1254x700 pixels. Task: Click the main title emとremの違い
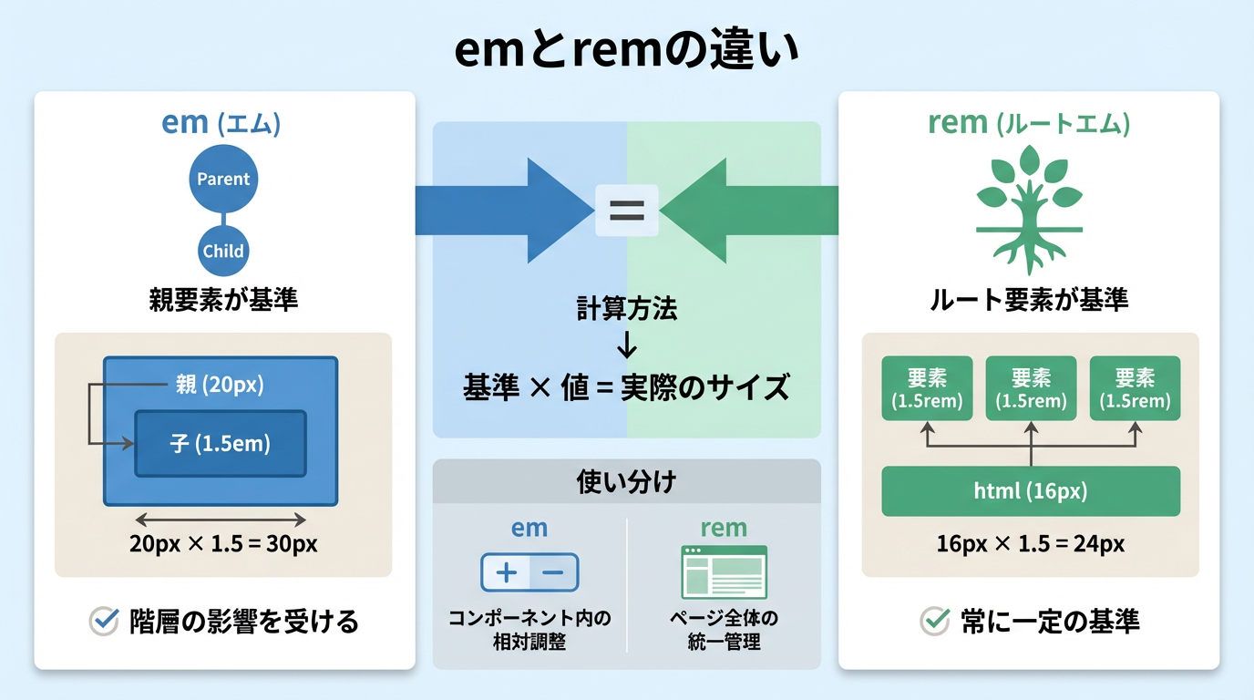(x=627, y=51)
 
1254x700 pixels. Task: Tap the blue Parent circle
(x=223, y=179)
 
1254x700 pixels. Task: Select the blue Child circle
(x=223, y=251)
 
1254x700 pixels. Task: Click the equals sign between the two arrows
(x=626, y=211)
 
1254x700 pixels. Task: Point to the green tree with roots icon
(x=1029, y=210)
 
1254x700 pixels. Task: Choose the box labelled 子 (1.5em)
(x=221, y=444)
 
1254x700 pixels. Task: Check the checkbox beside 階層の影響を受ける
(x=105, y=622)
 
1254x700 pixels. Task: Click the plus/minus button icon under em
(x=529, y=572)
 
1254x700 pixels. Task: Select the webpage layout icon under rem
(x=725, y=572)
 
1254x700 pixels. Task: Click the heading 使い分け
(x=627, y=481)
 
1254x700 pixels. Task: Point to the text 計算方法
(x=627, y=310)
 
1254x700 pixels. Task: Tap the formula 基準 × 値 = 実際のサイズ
(x=627, y=387)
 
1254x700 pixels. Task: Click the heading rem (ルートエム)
(x=1029, y=123)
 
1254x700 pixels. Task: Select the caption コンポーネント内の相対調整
(x=529, y=630)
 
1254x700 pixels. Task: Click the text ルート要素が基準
(x=1029, y=299)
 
